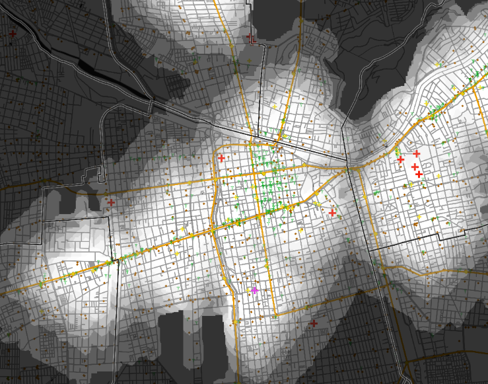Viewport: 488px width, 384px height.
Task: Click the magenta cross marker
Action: click(x=254, y=290)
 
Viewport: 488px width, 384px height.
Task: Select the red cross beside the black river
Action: click(x=13, y=34)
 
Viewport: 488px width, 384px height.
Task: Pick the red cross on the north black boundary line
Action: click(x=250, y=37)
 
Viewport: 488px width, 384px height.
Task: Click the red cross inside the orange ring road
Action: click(x=221, y=158)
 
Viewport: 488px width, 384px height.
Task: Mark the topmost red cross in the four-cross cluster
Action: click(x=417, y=153)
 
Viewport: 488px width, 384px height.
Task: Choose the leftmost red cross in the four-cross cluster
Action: click(x=400, y=159)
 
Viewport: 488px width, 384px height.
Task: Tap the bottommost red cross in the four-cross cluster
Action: click(x=419, y=174)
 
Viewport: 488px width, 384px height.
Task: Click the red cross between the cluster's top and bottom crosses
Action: click(x=415, y=167)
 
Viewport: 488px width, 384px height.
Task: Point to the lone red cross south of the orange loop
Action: click(x=314, y=323)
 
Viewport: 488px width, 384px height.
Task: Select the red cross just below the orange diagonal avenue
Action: click(x=332, y=213)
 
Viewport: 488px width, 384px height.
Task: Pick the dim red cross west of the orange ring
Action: click(x=111, y=202)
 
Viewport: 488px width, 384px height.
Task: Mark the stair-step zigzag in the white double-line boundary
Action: click(x=99, y=175)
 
